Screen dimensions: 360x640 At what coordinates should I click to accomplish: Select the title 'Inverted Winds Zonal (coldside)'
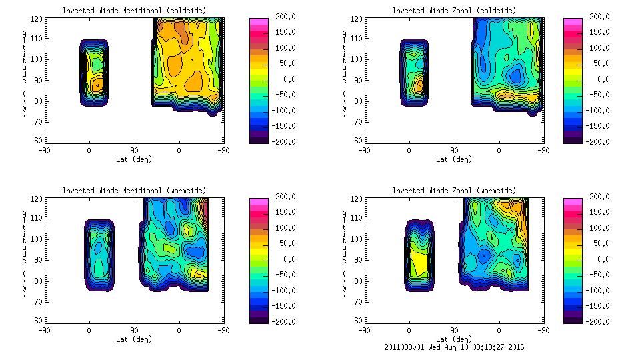pyautogui.click(x=454, y=10)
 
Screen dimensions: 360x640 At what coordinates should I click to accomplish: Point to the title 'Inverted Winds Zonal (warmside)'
pyautogui.click(x=454, y=191)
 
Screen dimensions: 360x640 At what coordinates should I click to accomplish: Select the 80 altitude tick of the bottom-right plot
pyautogui.click(x=359, y=281)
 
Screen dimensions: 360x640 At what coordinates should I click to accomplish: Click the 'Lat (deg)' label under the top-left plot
pyautogui.click(x=133, y=159)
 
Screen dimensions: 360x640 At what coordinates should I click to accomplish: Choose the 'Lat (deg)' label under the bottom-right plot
pyautogui.click(x=453, y=339)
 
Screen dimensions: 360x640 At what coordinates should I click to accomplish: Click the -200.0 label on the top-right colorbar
pyautogui.click(x=599, y=142)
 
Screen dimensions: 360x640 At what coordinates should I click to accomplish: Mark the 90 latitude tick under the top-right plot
pyautogui.click(x=454, y=151)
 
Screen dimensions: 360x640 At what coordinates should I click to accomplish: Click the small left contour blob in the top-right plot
pyautogui.click(x=414, y=73)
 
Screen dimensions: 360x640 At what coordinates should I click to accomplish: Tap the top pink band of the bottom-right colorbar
pyautogui.click(x=573, y=201)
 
